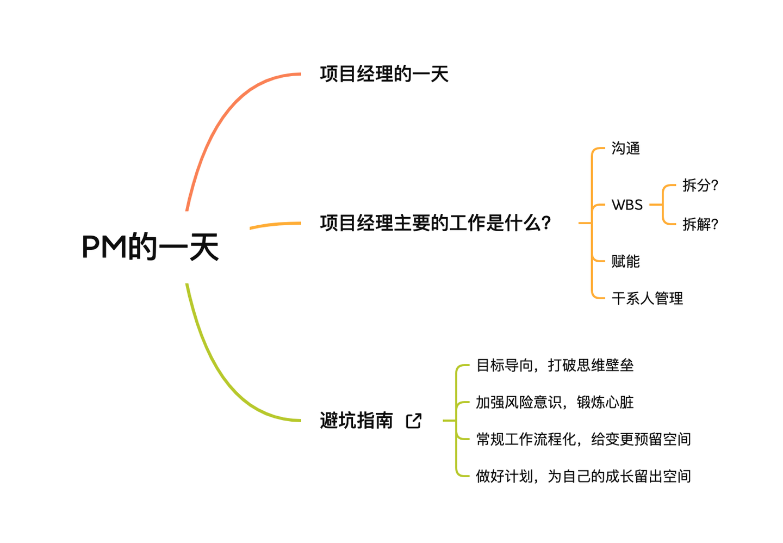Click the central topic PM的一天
coord(150,247)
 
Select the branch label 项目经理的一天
coord(384,74)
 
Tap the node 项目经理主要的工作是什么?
coord(436,223)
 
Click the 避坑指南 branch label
coord(356,421)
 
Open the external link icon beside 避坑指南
coord(414,421)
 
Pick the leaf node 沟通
coord(625,149)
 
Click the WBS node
coord(627,205)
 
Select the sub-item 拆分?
coord(700,186)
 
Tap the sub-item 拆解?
coord(700,224)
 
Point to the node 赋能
coord(625,262)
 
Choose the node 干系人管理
coord(647,299)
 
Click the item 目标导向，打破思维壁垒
coord(555,365)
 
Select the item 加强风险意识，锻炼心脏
coord(555,402)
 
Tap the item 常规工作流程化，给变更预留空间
coord(583,439)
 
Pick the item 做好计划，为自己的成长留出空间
coord(583,476)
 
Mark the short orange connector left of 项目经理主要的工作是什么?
coord(275,225)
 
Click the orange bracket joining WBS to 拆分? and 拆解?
coord(663,205)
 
